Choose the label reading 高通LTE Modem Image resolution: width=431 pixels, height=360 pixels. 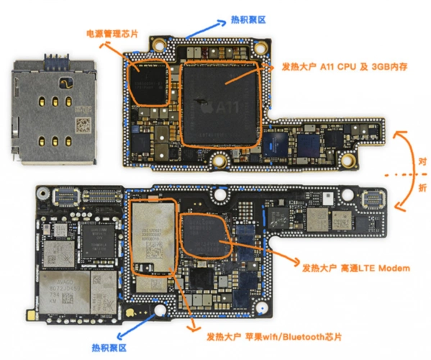click(x=353, y=268)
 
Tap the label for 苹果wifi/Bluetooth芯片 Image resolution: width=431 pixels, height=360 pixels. click(x=273, y=336)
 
